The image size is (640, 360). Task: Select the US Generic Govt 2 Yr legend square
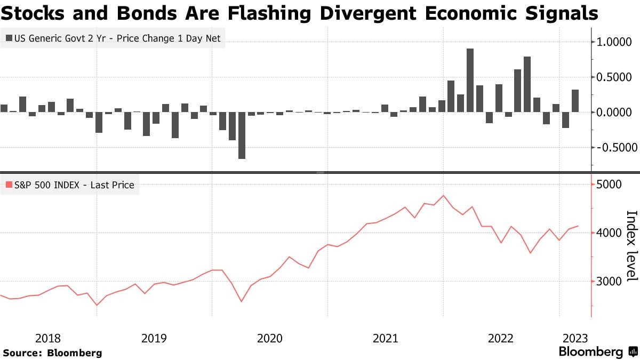[x=9, y=38]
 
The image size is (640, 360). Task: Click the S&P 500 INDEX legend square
[x=9, y=185]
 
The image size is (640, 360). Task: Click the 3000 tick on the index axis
[x=610, y=297]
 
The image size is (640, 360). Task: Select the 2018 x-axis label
[x=48, y=338]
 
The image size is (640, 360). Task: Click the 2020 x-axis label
[x=270, y=338]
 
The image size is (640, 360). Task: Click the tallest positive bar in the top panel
[x=470, y=80]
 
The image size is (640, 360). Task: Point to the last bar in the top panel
[x=575, y=101]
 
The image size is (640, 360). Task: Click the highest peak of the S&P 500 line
[x=443, y=196]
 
